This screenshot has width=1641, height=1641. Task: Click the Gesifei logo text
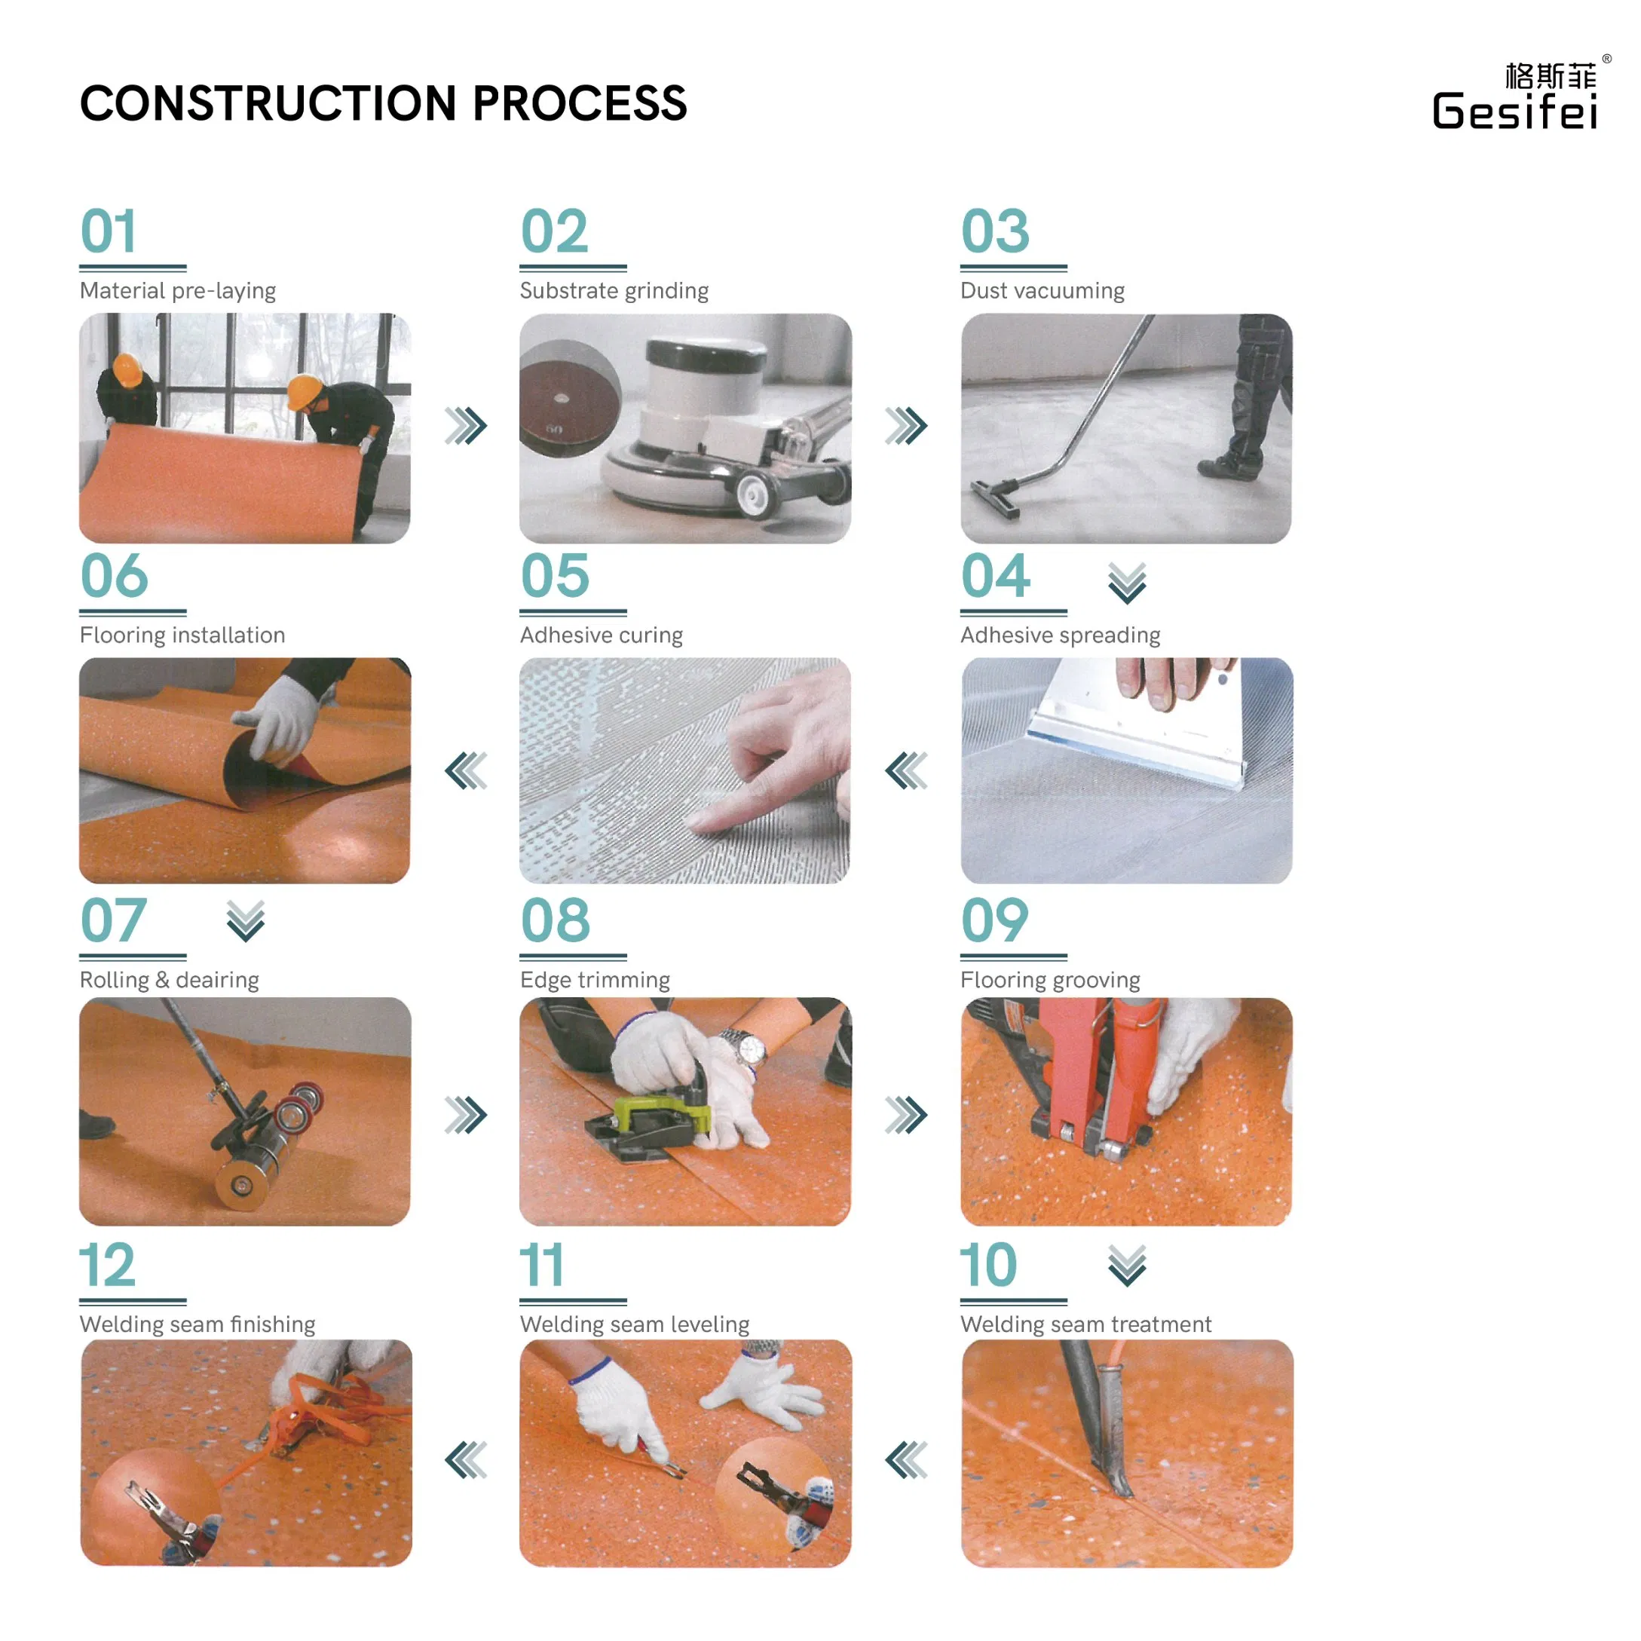[x=1514, y=112]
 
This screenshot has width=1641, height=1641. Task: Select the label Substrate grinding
[x=614, y=290]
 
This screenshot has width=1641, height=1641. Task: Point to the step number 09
[x=993, y=920]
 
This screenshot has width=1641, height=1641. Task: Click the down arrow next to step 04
[x=1126, y=583]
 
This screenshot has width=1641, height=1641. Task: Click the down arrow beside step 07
[x=246, y=920]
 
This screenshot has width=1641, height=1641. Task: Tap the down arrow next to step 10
[x=1126, y=1266]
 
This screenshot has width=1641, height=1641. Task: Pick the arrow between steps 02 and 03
[x=905, y=426]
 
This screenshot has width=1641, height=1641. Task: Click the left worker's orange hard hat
[x=127, y=369]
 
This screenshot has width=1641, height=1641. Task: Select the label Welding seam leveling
[x=634, y=1324]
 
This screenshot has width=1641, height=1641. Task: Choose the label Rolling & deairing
[x=169, y=979]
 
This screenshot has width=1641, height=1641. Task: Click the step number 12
[x=107, y=1265]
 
